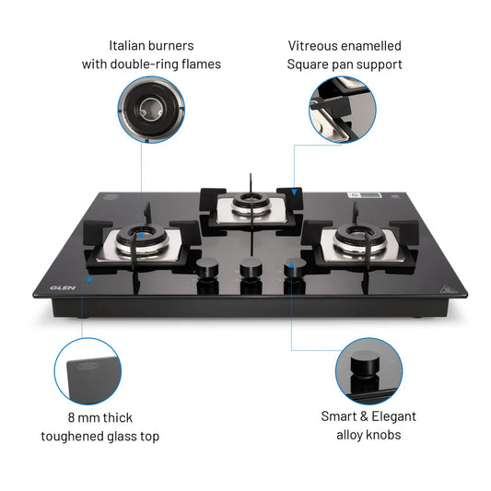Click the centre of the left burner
(140, 242)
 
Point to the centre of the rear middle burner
(246, 204)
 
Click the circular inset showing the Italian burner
(149, 109)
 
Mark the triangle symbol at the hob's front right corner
(447, 286)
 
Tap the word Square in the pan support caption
(309, 64)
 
